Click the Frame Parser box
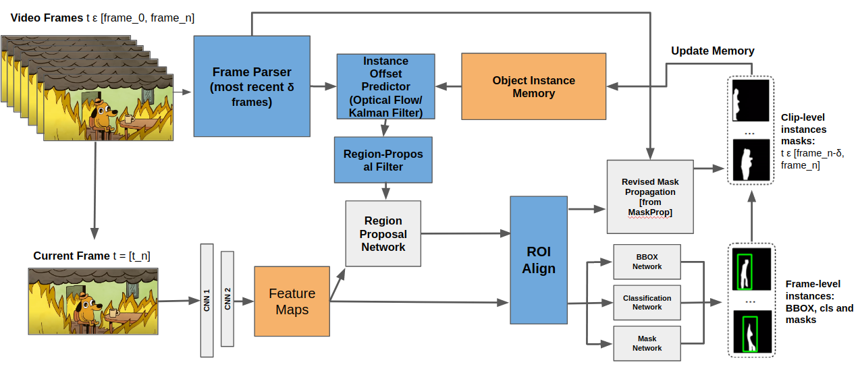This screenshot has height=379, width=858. (x=252, y=86)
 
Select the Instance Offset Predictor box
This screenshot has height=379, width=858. (x=385, y=87)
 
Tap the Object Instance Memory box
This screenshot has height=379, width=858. (x=533, y=86)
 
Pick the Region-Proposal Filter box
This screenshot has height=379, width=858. (x=383, y=161)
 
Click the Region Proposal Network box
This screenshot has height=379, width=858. (x=383, y=234)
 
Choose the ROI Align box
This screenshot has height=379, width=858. (x=539, y=260)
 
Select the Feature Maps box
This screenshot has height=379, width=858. (x=292, y=301)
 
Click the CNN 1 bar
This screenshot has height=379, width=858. (x=207, y=300)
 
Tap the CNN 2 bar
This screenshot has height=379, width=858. (x=227, y=299)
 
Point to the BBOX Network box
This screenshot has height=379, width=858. (x=647, y=262)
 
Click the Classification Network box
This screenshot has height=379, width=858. (x=647, y=302)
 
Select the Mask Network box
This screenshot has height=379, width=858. (x=647, y=343)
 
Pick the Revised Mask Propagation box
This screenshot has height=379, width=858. (x=650, y=197)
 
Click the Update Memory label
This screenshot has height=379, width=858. (x=712, y=51)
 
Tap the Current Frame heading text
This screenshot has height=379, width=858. (x=92, y=256)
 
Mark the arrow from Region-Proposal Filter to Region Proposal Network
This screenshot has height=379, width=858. (x=385, y=192)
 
